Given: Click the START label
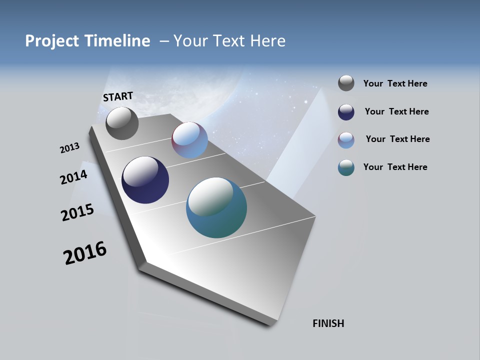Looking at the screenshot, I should (x=118, y=96).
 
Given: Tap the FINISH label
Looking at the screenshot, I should (x=328, y=323).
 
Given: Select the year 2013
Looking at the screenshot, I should (x=69, y=148).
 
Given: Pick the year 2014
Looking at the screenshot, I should (x=73, y=177).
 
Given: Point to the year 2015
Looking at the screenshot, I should (x=77, y=212).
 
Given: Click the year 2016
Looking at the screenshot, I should (x=85, y=253).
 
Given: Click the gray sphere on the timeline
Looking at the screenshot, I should (x=122, y=123).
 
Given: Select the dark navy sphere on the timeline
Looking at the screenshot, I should (x=145, y=180).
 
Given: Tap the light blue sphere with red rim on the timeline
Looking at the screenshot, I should (x=189, y=140).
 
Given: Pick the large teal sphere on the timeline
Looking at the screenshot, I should (x=216, y=207).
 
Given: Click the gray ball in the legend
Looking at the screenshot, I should (x=346, y=83).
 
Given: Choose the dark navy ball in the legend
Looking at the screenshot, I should (x=346, y=112).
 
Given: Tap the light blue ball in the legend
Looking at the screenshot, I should (x=346, y=140).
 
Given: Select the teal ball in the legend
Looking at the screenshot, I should (x=346, y=167).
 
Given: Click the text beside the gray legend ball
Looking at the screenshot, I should (x=395, y=83).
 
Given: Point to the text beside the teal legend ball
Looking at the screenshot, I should (x=395, y=167).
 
